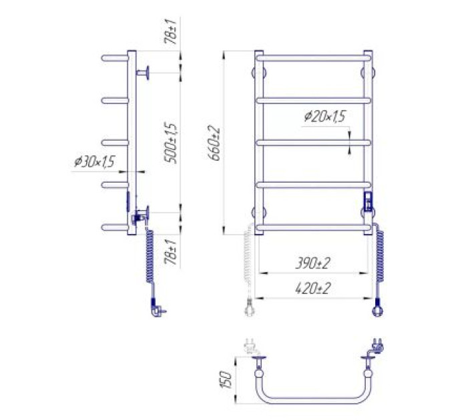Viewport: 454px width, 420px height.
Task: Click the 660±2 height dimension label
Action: pyautogui.click(x=214, y=143)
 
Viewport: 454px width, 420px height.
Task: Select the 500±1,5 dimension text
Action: pyautogui.click(x=170, y=143)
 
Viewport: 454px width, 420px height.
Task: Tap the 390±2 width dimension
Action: pyautogui.click(x=312, y=263)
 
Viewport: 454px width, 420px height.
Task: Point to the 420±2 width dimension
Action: pyautogui.click(x=312, y=288)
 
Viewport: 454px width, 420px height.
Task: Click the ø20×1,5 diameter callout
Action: pyautogui.click(x=325, y=116)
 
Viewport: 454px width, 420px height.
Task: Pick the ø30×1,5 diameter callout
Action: pyautogui.click(x=95, y=161)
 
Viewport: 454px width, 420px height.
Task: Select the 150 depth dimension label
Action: pyautogui.click(x=226, y=380)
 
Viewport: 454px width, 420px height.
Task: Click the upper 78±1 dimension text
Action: pyautogui.click(x=170, y=32)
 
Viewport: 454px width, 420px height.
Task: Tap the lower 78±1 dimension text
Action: pyautogui.click(x=170, y=252)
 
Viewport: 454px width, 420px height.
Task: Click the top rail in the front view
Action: pyautogui.click(x=314, y=58)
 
